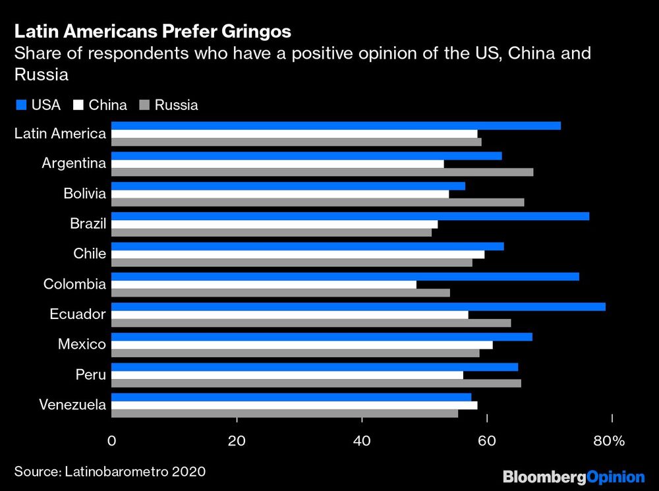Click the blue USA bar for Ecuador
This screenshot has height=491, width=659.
click(x=358, y=306)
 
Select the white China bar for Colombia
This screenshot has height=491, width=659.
click(x=264, y=285)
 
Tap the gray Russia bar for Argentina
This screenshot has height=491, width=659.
click(x=322, y=172)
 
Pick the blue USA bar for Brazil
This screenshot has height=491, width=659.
click(x=350, y=216)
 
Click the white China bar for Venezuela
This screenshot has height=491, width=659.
click(x=294, y=405)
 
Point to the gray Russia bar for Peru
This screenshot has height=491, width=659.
click(x=316, y=384)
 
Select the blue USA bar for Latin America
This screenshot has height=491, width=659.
click(x=336, y=126)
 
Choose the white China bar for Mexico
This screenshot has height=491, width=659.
click(x=302, y=345)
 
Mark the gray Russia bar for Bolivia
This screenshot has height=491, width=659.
click(x=318, y=202)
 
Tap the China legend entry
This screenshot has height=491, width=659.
click(x=101, y=105)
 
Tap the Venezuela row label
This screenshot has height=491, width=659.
click(x=72, y=405)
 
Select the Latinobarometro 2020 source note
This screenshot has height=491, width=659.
click(x=110, y=471)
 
